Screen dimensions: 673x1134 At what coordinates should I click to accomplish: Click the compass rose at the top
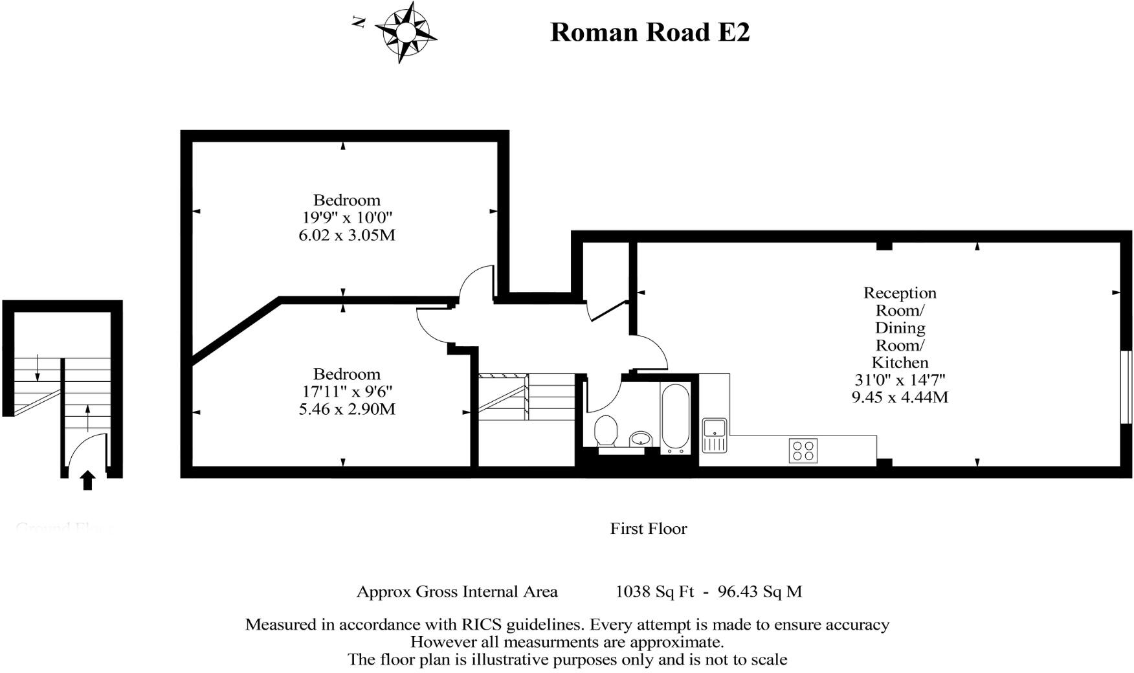405,32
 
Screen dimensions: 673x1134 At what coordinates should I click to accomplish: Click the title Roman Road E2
650,32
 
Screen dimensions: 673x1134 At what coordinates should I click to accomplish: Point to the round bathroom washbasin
641,439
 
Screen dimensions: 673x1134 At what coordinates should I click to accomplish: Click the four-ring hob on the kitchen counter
803,450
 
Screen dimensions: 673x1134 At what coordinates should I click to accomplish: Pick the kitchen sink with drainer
715,435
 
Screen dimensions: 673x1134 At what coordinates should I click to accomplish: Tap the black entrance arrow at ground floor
87,481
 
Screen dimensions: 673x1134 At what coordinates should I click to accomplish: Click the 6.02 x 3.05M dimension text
347,236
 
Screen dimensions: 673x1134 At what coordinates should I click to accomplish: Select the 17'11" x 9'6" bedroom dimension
347,392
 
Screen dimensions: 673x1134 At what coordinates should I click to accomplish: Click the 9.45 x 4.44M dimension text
900,397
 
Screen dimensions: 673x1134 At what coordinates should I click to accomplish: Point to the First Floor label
649,529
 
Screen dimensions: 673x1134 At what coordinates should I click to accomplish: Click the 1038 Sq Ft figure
654,591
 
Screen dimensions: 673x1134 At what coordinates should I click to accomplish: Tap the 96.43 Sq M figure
760,591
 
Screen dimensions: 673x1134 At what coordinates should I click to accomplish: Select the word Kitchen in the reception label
900,363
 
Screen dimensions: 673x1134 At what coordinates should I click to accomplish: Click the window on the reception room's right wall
1126,387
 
